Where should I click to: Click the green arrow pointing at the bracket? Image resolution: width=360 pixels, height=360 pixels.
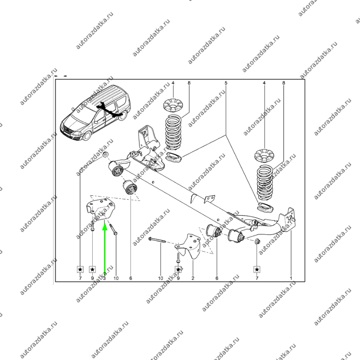pos(105,249)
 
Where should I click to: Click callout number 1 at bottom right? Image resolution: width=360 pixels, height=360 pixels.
pos(291,278)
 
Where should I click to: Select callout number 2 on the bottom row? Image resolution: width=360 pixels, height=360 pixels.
pos(193,278)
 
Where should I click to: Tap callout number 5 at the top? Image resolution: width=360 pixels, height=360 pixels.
pos(226,83)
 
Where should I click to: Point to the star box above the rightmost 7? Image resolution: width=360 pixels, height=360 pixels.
pos(257,270)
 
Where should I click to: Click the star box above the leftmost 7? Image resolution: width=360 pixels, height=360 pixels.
pos(80,270)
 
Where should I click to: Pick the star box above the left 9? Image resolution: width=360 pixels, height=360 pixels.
pos(92,270)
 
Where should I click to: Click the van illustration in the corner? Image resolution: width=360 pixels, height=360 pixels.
pos(95,113)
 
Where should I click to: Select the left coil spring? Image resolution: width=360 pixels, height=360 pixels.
pos(174,132)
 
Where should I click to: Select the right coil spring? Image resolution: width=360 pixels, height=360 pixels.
pos(265,183)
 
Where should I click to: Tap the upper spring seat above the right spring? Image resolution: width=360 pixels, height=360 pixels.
pos(264,155)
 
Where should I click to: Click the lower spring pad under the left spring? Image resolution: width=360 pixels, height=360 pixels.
pos(174,157)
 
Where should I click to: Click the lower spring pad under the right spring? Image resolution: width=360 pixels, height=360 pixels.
pos(265,207)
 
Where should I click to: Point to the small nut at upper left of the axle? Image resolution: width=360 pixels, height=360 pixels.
pos(105,154)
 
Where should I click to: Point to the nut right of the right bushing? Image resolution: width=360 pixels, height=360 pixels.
pos(257,241)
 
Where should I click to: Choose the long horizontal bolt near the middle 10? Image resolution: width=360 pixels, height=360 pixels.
pos(157,240)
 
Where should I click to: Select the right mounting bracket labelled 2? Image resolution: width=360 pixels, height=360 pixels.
pos(189,247)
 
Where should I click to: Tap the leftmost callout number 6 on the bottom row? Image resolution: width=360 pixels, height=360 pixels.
pos(130,278)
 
